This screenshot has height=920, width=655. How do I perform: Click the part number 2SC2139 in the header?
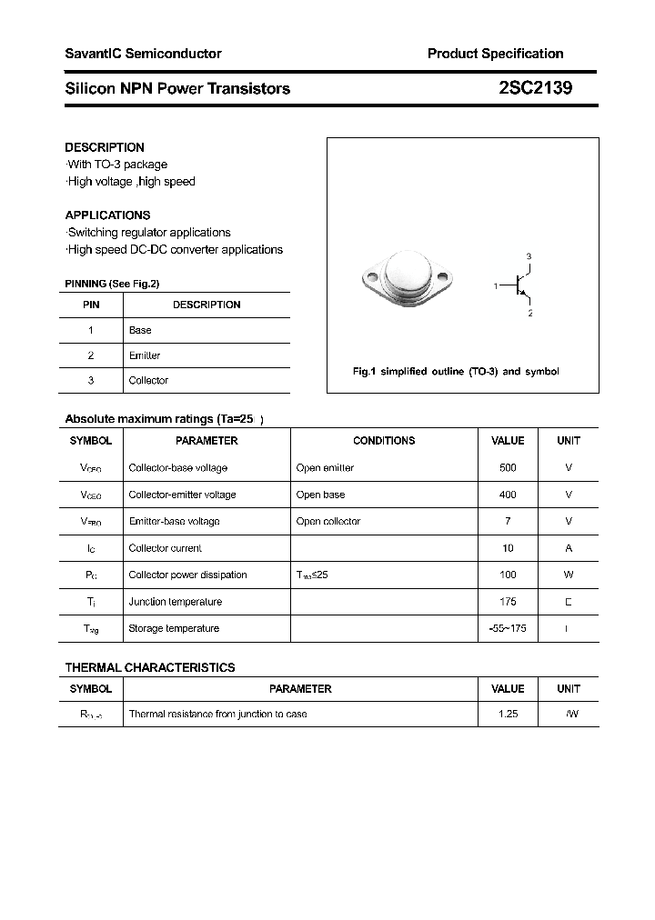coord(536,88)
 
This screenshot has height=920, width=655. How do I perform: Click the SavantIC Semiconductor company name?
coord(143,54)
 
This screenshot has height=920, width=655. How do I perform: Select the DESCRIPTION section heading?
coord(105,147)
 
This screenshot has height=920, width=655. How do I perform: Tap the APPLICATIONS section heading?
coord(107,215)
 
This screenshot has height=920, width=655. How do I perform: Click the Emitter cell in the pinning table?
coord(144,355)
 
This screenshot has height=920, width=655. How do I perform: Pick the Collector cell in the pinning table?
coord(148,380)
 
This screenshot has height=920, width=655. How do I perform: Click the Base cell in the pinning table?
coord(140,330)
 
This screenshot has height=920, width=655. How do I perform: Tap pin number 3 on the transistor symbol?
coord(529,257)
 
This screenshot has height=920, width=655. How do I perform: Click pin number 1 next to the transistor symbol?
coord(496,286)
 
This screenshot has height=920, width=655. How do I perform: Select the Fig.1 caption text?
coord(456,372)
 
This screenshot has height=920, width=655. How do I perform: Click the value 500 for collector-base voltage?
coord(508,467)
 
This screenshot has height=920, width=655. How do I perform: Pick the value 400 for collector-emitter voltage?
coord(508,495)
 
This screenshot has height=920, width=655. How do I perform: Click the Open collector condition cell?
coord(328,521)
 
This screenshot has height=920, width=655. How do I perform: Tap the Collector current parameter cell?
coord(166,548)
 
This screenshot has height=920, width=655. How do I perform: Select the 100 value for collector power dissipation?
coord(508,575)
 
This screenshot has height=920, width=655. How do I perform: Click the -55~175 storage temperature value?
coord(508,628)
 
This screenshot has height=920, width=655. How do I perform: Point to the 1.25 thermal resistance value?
coord(508,715)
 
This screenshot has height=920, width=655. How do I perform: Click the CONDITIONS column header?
coord(384,440)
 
